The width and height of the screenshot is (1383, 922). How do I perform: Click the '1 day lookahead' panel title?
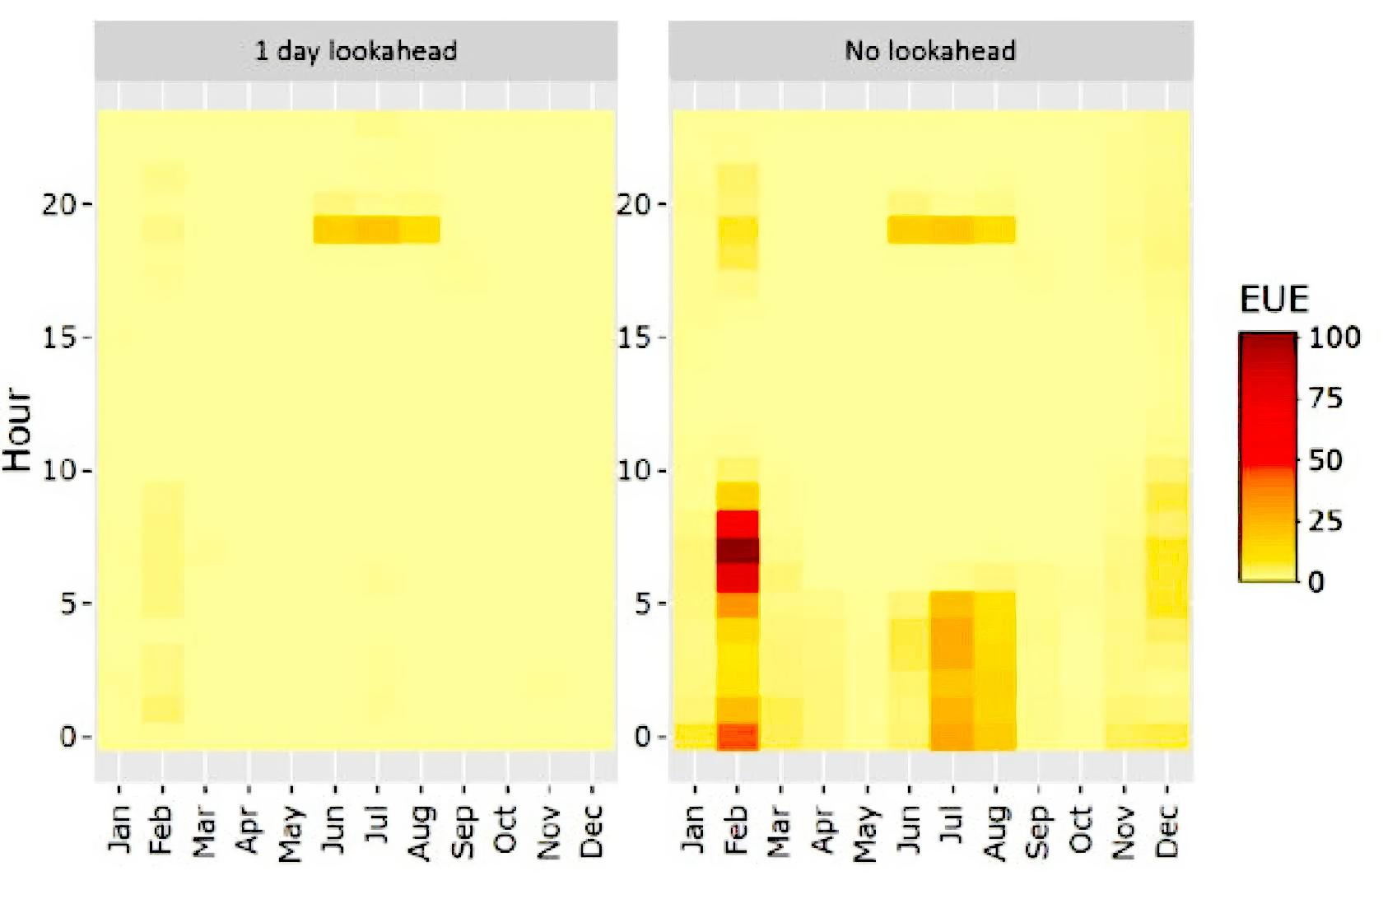pos(356,51)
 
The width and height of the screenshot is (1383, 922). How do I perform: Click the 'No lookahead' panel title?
pos(930,51)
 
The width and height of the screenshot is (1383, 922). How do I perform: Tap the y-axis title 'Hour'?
pos(18,429)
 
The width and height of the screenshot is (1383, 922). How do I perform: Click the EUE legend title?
pos(1274,300)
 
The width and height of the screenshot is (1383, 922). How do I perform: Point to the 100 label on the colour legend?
pos(1334,337)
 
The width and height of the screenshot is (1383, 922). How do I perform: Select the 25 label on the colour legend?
pos(1325,520)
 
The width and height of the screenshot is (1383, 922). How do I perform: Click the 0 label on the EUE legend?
pos(1316,582)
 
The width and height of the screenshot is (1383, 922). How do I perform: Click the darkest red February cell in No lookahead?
pos(738,550)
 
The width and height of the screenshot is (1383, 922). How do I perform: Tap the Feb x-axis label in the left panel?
pos(161,831)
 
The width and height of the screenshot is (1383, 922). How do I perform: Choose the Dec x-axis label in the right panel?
pos(1167,831)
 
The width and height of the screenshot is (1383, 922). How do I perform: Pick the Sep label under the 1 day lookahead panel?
pos(463,831)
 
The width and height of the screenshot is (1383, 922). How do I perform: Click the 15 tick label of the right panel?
pos(634,338)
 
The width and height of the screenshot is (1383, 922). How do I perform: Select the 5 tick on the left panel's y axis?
pos(69,603)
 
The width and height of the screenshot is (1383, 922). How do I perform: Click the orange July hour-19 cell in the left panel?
pos(378,230)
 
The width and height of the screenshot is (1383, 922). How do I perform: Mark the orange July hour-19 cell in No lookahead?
pos(952,230)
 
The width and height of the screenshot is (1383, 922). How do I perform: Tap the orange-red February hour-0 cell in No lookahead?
pos(738,736)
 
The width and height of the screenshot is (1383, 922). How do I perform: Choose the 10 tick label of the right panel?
pos(634,470)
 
